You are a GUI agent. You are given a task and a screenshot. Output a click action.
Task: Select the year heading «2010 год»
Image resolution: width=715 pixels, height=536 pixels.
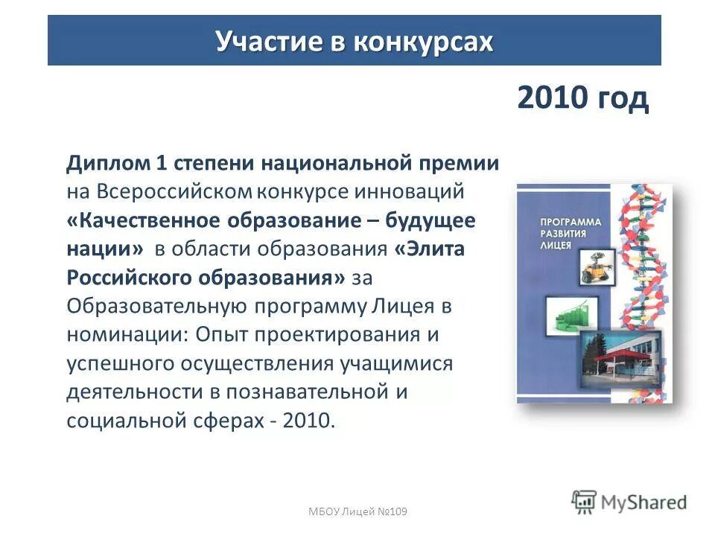[x=582, y=98]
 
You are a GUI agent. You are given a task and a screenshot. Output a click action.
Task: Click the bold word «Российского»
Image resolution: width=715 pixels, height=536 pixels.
[x=130, y=277]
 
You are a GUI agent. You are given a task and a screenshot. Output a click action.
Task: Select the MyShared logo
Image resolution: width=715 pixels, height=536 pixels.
[x=629, y=502]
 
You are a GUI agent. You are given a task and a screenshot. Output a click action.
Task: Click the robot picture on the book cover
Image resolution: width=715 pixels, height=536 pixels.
[x=595, y=267]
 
